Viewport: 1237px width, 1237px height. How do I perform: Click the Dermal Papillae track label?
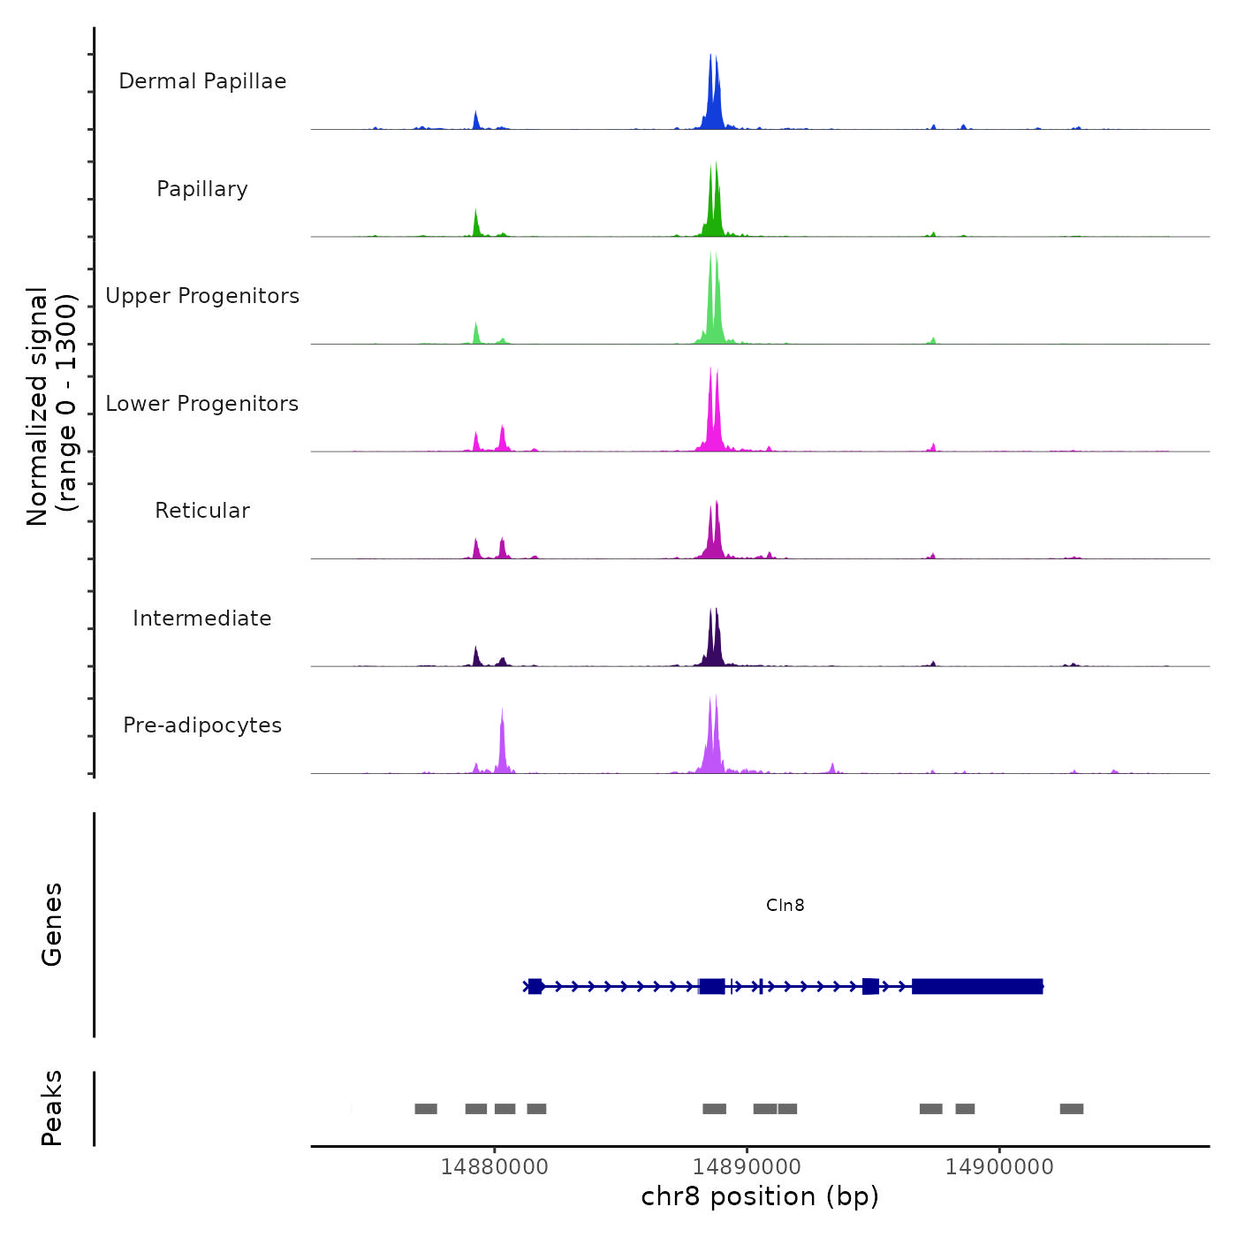point(202,81)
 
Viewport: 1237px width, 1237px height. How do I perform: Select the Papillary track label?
point(202,189)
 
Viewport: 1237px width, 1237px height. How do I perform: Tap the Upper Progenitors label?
point(202,296)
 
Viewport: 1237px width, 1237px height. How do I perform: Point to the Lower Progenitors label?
point(202,404)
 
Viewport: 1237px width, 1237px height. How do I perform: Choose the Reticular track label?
point(202,511)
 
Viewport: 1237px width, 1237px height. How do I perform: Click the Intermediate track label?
point(202,618)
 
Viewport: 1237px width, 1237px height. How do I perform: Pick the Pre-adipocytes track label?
point(202,725)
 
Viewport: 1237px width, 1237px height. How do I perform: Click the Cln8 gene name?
point(785,905)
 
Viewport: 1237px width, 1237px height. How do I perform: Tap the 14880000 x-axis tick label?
point(494,1166)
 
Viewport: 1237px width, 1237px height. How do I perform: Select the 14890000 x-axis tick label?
point(747,1166)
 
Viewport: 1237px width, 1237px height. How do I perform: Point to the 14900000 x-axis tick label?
point(999,1166)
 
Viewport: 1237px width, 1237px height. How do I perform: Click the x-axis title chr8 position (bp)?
point(760,1196)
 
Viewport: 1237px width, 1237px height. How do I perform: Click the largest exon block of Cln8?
point(977,986)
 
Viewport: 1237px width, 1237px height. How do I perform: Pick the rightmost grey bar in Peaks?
point(1071,1109)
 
